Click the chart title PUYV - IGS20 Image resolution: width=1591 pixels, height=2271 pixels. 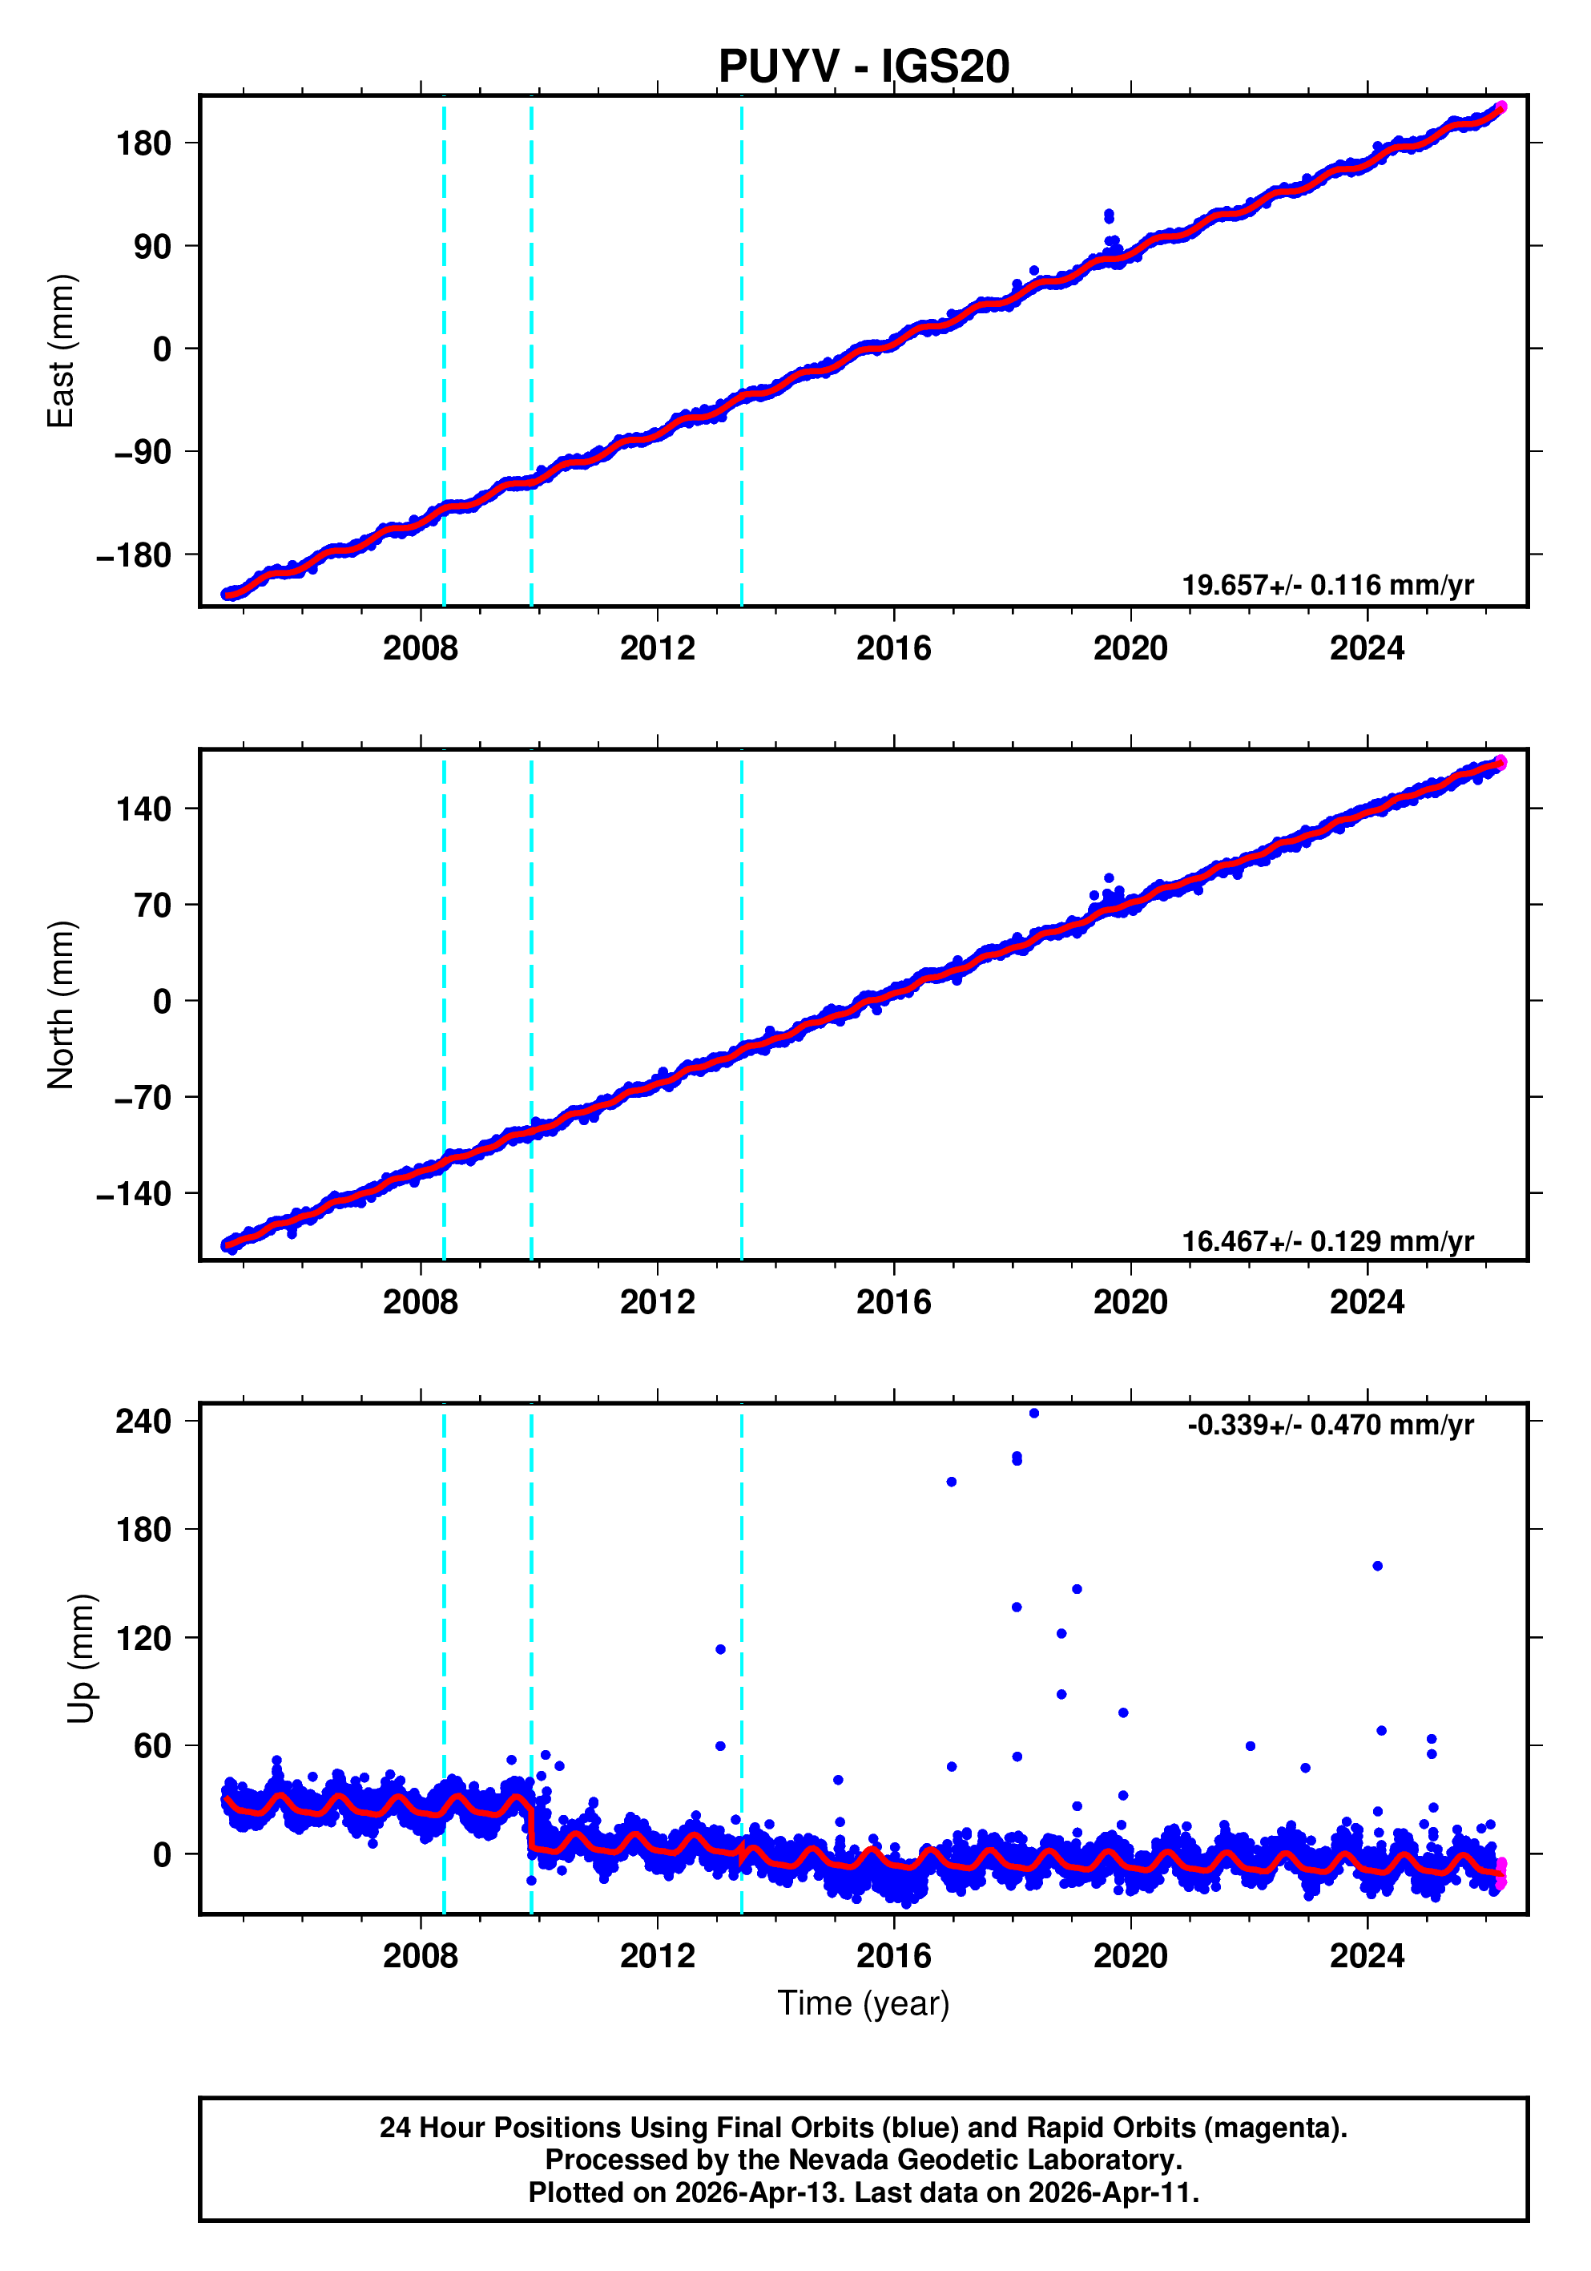864,67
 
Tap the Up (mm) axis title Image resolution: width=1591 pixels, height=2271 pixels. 81,1659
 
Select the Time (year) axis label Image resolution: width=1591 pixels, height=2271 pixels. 864,2003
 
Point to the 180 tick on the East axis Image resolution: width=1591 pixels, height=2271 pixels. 143,143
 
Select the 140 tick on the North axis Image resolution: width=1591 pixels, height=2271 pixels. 143,809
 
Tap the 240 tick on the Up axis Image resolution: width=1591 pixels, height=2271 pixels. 143,1422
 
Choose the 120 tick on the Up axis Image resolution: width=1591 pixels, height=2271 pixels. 143,1638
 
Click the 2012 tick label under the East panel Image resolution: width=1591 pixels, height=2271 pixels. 658,649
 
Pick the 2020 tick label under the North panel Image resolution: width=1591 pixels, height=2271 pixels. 1130,1303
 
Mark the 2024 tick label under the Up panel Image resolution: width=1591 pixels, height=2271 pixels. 1367,1955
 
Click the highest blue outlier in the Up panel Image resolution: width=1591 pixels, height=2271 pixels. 1034,1414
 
